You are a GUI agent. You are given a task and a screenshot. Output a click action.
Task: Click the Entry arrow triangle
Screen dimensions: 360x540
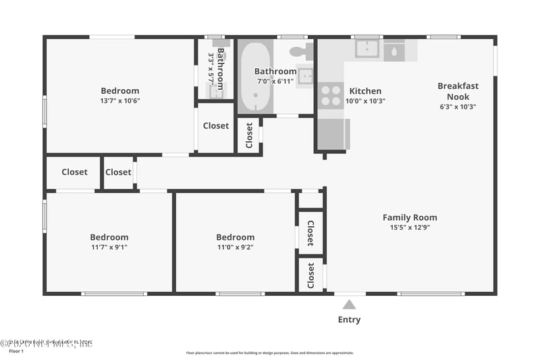click(x=349, y=304)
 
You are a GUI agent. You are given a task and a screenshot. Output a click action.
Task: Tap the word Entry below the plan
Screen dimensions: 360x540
click(x=349, y=319)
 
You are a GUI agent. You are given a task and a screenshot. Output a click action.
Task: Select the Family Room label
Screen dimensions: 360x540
click(x=410, y=217)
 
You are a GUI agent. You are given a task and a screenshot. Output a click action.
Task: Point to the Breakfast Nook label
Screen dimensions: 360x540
click(x=458, y=91)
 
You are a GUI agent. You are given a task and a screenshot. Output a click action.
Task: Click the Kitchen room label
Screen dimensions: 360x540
click(x=364, y=91)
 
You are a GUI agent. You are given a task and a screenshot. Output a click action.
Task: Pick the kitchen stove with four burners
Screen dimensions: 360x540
click(x=331, y=95)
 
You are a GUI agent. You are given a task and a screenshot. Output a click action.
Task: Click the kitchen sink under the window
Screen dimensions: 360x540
click(x=367, y=49)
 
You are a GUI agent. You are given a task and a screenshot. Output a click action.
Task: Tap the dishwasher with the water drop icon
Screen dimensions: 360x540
click(x=394, y=51)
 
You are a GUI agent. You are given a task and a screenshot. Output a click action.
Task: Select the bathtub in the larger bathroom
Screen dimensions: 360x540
click(x=255, y=76)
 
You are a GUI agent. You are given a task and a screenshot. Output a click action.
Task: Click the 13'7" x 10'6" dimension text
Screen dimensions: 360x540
click(x=120, y=101)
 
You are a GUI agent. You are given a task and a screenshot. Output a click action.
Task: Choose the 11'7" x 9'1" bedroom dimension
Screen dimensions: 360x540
click(x=109, y=247)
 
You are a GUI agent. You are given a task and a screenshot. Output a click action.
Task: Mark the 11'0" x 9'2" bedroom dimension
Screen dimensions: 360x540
click(x=235, y=247)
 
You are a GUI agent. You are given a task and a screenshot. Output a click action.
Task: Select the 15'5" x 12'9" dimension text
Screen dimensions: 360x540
click(x=410, y=228)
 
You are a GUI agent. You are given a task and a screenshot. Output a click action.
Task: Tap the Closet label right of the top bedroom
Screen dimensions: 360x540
click(x=215, y=126)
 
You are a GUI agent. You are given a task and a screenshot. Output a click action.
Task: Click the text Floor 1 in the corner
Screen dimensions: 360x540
click(x=16, y=351)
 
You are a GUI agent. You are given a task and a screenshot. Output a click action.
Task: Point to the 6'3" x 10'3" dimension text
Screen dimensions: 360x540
click(x=458, y=106)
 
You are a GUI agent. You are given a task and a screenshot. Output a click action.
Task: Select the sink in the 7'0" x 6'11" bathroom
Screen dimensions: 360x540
click(x=305, y=76)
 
